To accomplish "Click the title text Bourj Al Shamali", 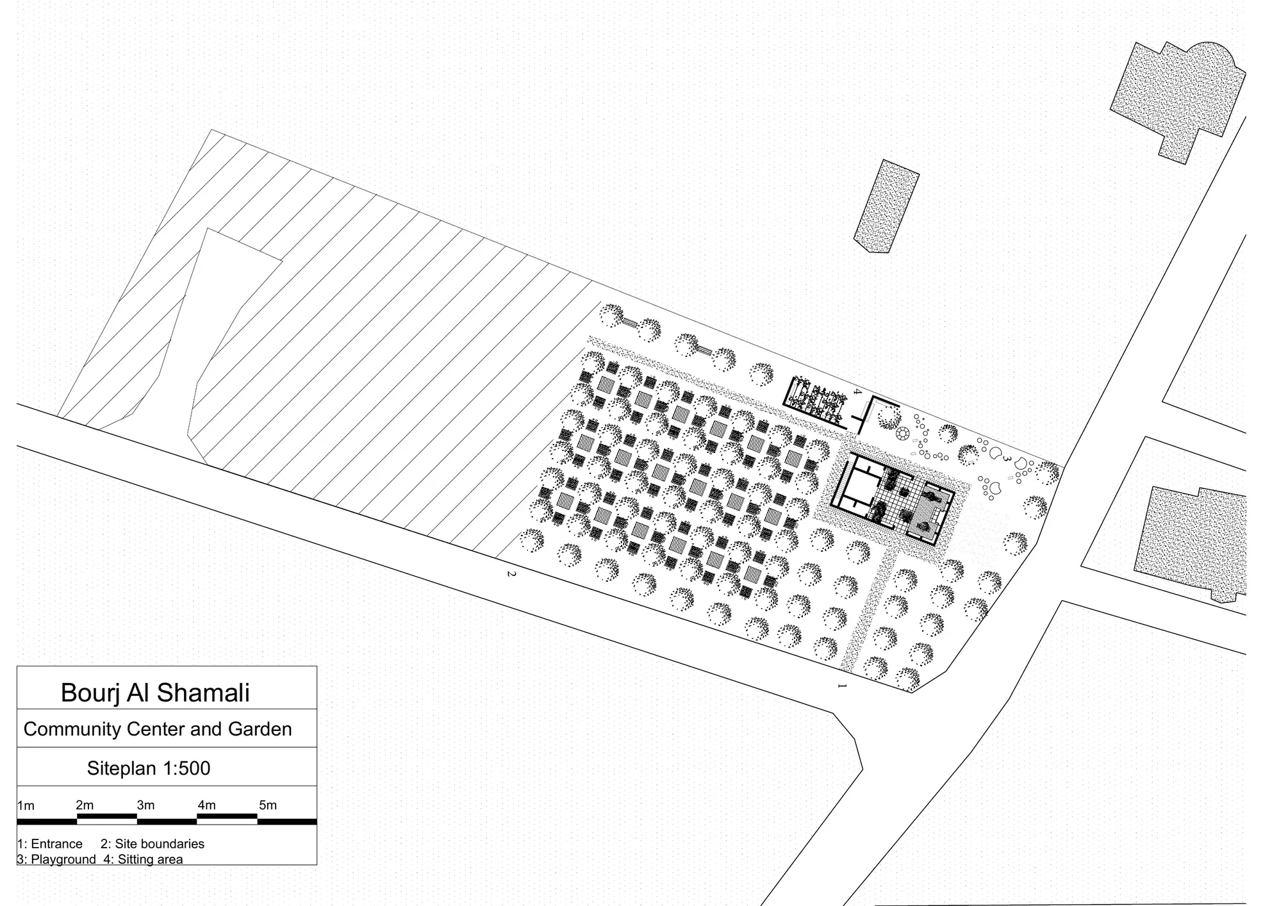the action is coord(155,693).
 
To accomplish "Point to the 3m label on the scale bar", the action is coord(145,805).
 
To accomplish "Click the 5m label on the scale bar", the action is coord(268,805).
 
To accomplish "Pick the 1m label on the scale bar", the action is coord(26,805).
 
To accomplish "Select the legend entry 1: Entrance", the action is coord(50,844).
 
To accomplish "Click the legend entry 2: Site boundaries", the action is coord(153,844).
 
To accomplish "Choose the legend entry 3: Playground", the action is coord(56,859).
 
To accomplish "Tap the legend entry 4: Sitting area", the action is coord(143,859).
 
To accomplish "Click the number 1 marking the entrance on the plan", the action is coord(843,686).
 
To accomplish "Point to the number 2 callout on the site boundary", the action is coord(511,573).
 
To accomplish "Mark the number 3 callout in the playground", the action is coord(1007,459).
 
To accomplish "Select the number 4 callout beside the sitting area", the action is coord(857,391).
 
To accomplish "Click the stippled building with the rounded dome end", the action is coord(1178,99).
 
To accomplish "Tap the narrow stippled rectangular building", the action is coord(886,206).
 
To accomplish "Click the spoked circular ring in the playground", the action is coord(903,434).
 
